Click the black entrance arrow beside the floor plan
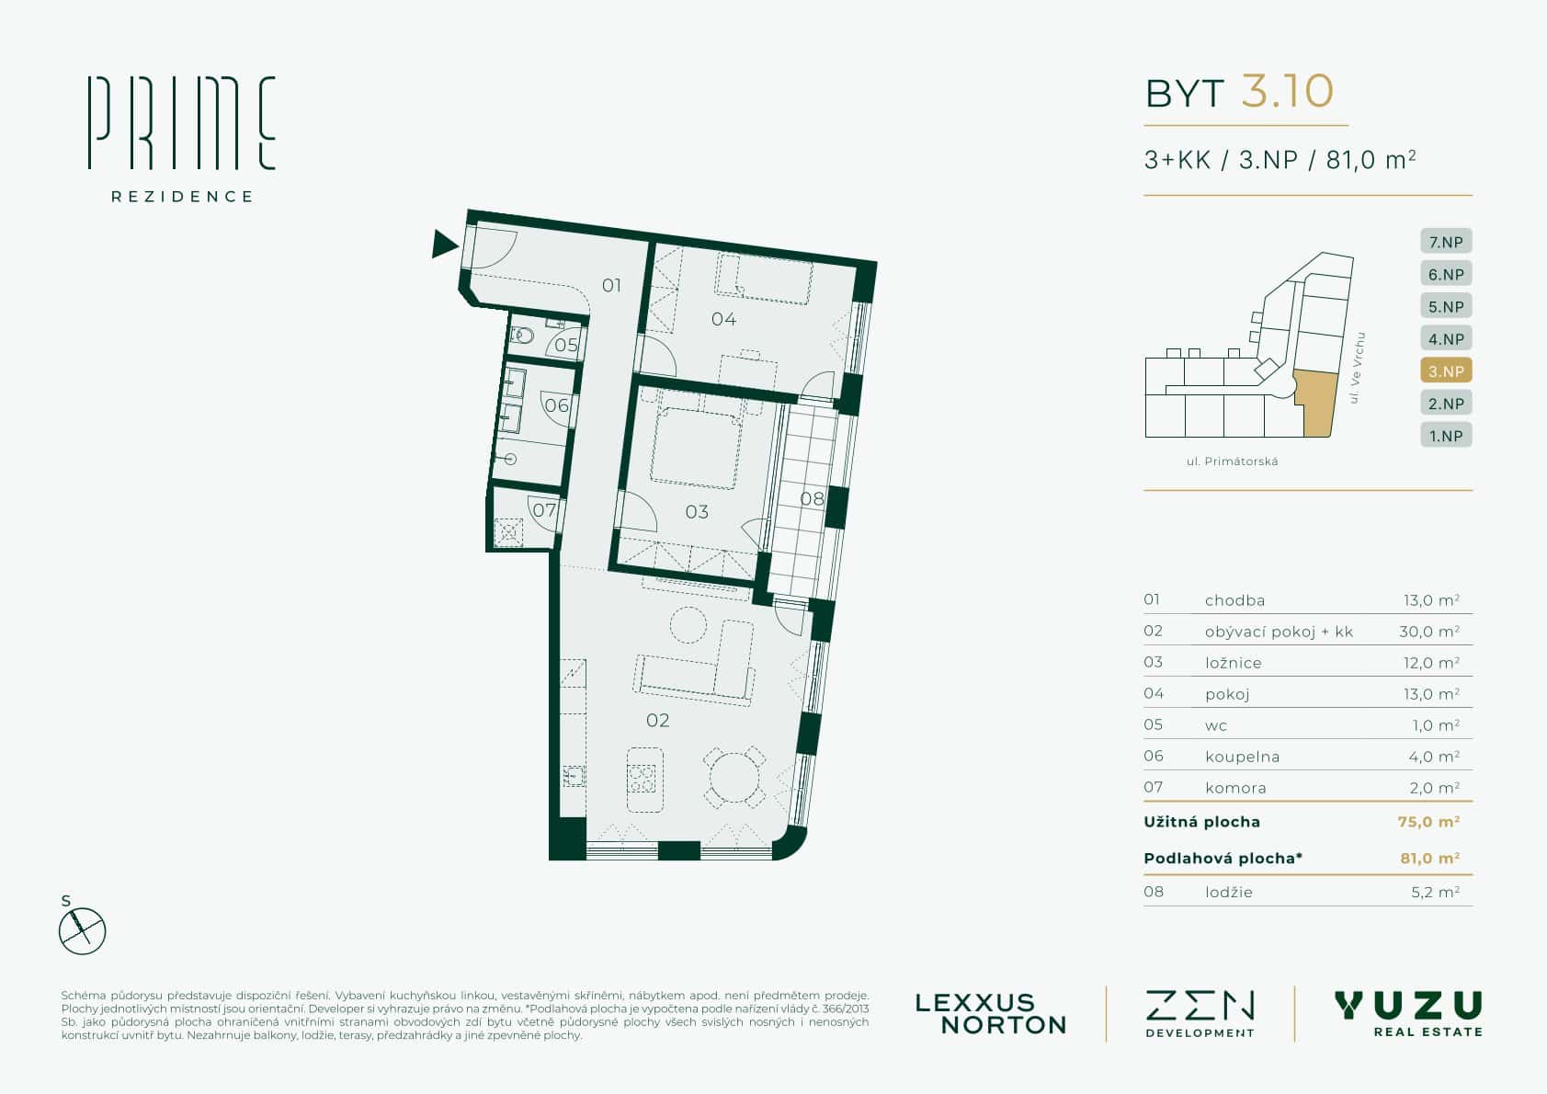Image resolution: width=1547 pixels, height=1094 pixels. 444,244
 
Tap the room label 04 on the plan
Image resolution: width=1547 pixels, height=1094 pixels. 723,319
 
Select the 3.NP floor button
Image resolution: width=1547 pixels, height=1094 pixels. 1446,370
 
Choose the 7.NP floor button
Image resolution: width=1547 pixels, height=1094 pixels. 1446,242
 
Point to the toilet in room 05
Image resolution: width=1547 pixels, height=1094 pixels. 522,336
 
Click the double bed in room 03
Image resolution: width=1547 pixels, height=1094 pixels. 696,447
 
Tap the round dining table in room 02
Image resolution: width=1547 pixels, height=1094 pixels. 734,777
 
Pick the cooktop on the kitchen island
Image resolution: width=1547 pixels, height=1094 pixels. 642,779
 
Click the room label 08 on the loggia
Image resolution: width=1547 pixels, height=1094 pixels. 813,498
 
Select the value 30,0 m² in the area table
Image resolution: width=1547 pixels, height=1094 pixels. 1429,632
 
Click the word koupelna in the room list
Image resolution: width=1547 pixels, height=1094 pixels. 1243,757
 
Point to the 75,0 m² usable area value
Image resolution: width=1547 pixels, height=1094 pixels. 1428,822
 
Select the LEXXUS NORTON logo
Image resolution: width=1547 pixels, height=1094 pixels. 991,1014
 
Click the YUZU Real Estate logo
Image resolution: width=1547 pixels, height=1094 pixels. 1409,1013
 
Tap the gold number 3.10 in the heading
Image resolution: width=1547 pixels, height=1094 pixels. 1287,92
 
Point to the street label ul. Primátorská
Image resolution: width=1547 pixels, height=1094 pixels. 1232,462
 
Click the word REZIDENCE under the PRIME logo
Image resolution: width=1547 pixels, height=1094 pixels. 182,197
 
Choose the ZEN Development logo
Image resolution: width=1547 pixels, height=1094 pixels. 1200,1014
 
